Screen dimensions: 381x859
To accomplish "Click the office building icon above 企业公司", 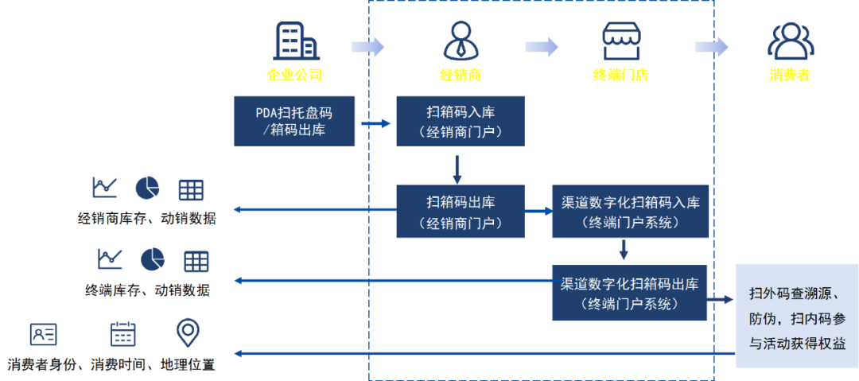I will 296,40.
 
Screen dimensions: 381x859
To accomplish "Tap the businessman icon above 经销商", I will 461,41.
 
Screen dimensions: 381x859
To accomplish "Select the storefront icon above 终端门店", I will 621,41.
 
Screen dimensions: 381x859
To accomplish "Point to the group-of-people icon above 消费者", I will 791,41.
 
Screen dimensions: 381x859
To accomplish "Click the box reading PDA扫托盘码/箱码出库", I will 294,121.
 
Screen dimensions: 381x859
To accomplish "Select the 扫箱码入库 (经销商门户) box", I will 461,121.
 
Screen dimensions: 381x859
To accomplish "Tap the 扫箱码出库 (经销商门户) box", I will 461,211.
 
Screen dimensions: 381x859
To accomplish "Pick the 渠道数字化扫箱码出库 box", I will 630,293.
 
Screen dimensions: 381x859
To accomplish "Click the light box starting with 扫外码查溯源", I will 796,316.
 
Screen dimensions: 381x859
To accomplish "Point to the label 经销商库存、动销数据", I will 146,218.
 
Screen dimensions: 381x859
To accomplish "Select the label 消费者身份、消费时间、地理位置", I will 113,365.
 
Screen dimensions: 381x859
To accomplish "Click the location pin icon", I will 188,332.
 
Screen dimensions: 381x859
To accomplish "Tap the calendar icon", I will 122,333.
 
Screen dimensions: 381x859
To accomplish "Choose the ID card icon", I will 44,334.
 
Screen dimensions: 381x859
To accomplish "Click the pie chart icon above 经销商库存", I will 147,188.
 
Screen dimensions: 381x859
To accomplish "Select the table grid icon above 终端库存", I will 196,261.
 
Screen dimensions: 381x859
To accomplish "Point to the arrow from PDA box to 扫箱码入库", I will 375,123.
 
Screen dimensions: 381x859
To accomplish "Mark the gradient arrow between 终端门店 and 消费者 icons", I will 711,47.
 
